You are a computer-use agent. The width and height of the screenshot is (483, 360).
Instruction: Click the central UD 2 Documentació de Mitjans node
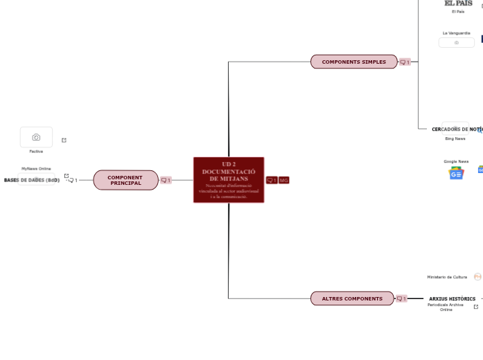[229, 180]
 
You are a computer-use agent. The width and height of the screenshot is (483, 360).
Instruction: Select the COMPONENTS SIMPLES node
[353, 62]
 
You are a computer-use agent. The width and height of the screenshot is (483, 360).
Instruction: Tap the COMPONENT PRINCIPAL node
[125, 180]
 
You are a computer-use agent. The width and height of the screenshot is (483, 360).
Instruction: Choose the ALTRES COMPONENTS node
[352, 298]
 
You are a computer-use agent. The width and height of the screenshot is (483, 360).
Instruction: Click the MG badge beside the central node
[284, 180]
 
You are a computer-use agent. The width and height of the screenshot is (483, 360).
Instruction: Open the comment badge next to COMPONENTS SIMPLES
[405, 62]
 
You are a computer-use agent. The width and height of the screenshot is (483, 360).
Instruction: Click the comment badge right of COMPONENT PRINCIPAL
[166, 180]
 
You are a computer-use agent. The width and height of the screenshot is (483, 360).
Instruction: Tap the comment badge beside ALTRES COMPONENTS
[401, 299]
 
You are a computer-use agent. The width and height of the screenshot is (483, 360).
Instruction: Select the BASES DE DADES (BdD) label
[32, 180]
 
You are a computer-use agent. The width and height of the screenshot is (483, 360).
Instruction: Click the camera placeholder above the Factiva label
[36, 137]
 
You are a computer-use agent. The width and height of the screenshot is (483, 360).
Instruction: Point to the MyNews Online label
[36, 168]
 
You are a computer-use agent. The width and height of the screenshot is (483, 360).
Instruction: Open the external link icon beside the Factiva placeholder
[64, 140]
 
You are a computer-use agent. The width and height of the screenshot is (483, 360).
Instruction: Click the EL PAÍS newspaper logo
[458, 3]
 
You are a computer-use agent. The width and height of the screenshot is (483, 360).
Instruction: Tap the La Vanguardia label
[457, 33]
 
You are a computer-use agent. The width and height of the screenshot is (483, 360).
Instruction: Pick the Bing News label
[455, 138]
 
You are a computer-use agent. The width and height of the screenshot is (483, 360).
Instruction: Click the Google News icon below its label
[456, 173]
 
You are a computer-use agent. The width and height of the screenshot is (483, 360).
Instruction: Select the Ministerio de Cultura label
[447, 277]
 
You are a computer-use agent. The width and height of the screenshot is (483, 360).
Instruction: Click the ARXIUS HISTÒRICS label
[452, 298]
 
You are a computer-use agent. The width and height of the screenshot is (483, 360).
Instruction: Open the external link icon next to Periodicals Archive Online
[476, 307]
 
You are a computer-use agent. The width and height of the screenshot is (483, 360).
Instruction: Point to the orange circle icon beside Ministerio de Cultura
[477, 277]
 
